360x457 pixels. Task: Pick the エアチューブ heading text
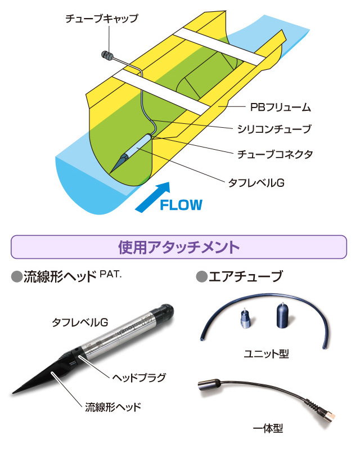(x=245, y=277)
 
